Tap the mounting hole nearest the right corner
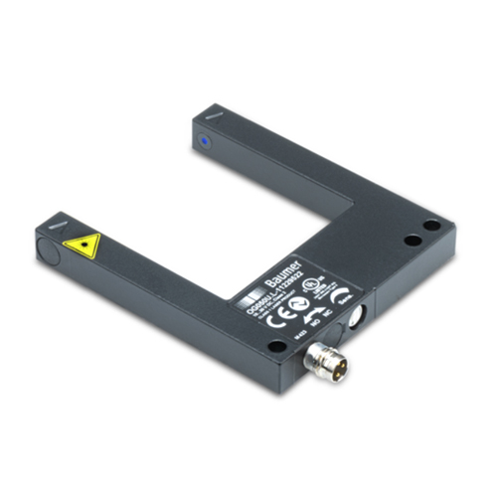(x=432, y=227)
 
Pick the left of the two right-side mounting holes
(x=410, y=241)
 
